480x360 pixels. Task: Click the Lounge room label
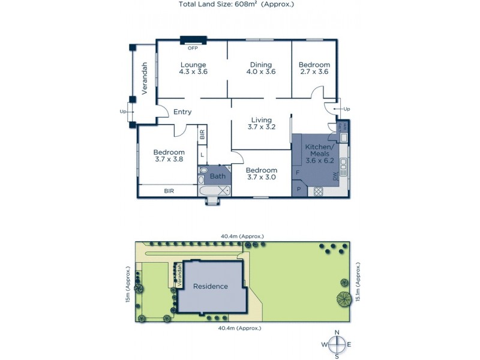click(x=193, y=68)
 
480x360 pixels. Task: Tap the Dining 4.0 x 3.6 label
click(x=261, y=68)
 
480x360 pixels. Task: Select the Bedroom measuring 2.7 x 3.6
click(x=314, y=68)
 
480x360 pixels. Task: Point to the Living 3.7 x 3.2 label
click(x=261, y=124)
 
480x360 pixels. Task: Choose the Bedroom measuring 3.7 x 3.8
click(x=168, y=155)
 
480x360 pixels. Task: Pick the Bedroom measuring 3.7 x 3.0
click(x=261, y=174)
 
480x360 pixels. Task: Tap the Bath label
click(x=217, y=176)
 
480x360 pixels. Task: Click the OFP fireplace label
click(x=193, y=47)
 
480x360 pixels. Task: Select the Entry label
click(x=182, y=112)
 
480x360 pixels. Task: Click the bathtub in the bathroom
click(x=214, y=191)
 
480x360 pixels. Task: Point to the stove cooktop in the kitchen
click(x=319, y=192)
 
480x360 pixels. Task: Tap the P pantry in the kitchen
click(x=298, y=190)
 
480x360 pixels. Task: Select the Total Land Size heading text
click(x=236, y=4)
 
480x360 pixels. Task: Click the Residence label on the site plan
click(x=210, y=286)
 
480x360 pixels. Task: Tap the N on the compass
click(x=337, y=333)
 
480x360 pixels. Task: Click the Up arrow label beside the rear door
click(x=346, y=109)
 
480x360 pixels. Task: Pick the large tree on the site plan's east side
click(x=344, y=298)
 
